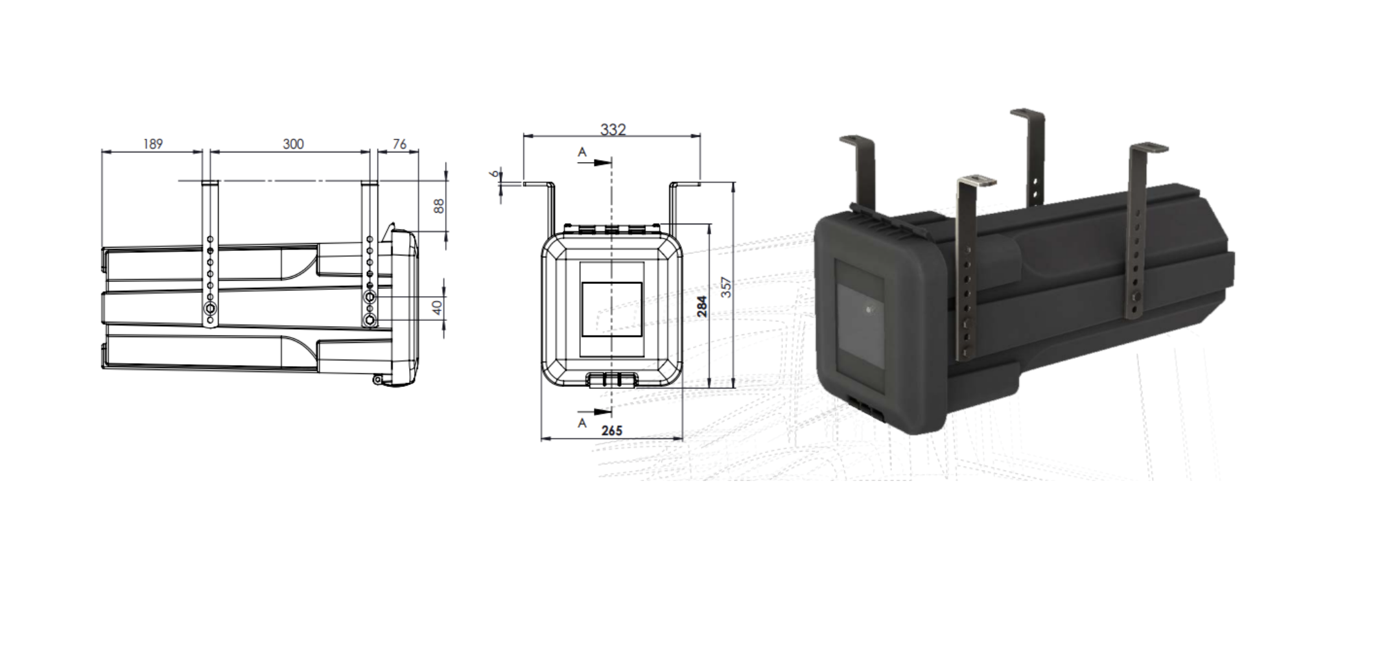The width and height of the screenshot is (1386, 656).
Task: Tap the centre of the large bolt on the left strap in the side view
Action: click(x=210, y=309)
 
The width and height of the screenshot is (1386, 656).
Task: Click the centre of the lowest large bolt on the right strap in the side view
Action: click(x=370, y=320)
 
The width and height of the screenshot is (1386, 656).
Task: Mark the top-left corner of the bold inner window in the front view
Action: click(x=582, y=283)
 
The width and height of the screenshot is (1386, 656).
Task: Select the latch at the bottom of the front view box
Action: click(x=612, y=380)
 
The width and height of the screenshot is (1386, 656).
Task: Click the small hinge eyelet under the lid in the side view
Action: click(x=377, y=380)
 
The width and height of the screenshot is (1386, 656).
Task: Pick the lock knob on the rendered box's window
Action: click(x=870, y=310)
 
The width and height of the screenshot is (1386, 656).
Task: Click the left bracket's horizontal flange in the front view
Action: click(x=537, y=184)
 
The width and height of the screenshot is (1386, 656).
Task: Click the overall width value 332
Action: click(x=613, y=130)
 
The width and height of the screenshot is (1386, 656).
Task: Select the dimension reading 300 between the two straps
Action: click(x=293, y=144)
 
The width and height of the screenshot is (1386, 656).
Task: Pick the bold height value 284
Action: click(x=702, y=306)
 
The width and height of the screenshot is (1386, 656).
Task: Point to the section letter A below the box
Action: click(x=582, y=423)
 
